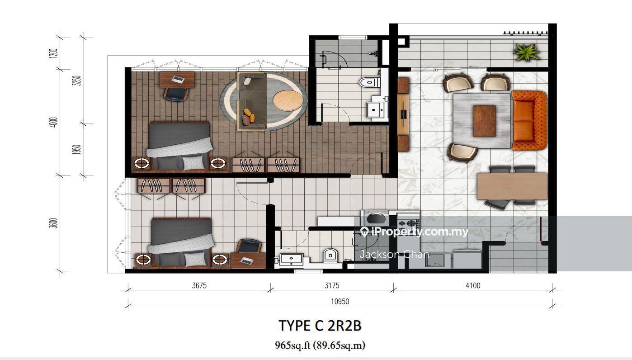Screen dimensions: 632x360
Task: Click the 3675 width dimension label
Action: [x=199, y=285]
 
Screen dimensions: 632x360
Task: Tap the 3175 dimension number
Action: [x=332, y=285]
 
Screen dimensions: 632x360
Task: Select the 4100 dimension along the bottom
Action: [x=473, y=285]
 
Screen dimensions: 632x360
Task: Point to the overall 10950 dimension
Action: [x=340, y=301]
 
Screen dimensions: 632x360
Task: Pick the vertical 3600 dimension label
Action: [x=54, y=223]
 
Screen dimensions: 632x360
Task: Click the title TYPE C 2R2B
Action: [x=320, y=326]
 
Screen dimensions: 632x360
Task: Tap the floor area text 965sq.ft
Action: [x=292, y=345]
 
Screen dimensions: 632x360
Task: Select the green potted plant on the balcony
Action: [x=527, y=53]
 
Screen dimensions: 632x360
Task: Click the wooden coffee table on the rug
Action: [x=485, y=121]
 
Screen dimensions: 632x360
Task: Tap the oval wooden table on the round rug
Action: [x=288, y=100]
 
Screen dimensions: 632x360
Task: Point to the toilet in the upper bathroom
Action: [x=369, y=82]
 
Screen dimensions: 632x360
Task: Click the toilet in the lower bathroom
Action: [x=330, y=255]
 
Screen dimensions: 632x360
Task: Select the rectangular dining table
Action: [x=512, y=186]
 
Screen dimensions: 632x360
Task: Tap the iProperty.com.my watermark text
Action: [x=414, y=232]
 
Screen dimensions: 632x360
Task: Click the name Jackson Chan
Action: [x=394, y=255]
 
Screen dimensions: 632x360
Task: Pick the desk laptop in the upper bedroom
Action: [x=178, y=79]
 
